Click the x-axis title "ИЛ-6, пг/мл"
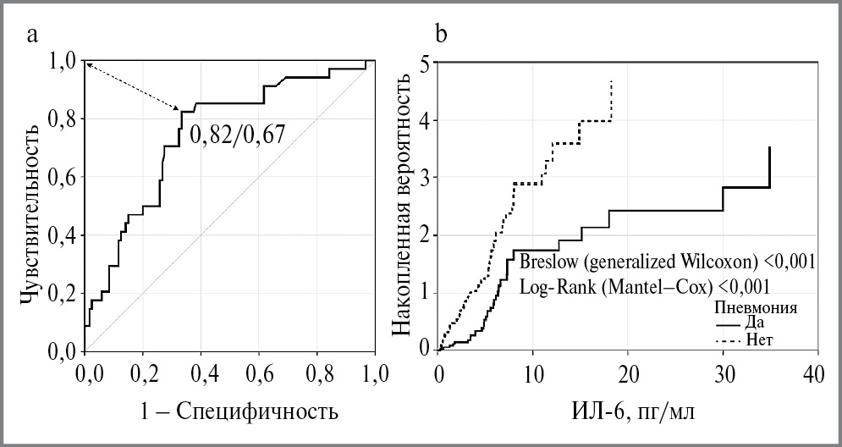[x=625, y=412]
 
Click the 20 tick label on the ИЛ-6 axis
[x=627, y=373]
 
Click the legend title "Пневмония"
[x=757, y=306]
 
